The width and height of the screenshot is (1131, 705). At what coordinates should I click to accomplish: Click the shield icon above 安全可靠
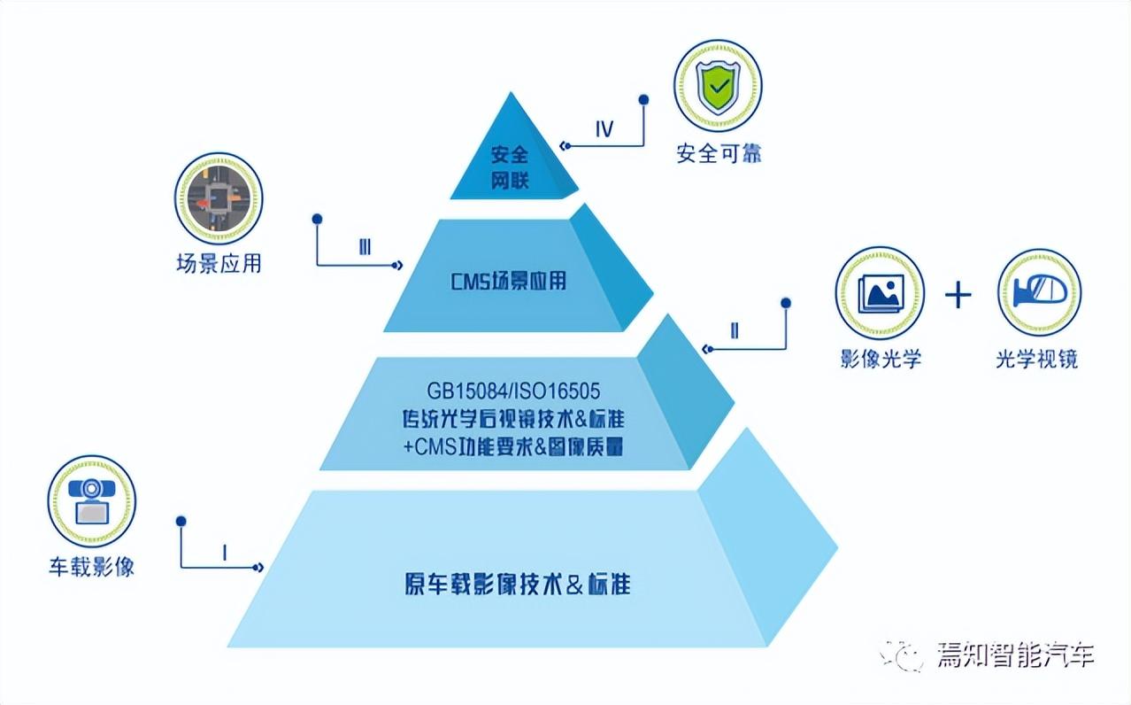717,85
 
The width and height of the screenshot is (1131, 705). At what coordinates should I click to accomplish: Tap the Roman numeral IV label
604,129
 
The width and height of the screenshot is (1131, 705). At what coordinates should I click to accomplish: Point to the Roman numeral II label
735,331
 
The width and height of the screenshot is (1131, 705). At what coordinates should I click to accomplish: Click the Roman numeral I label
225,554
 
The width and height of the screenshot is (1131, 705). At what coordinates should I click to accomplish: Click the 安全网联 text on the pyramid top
510,167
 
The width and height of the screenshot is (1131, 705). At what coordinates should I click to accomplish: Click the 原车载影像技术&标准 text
517,585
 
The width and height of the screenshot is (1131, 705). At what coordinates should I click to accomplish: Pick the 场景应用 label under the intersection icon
218,264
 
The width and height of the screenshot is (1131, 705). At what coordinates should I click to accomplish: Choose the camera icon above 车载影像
91,500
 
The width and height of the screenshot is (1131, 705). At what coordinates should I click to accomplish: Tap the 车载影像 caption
91,567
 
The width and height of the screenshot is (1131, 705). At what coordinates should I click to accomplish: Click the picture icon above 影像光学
880,291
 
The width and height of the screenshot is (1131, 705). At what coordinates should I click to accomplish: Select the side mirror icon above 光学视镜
1039,291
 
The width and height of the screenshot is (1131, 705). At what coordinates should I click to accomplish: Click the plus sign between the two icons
958,295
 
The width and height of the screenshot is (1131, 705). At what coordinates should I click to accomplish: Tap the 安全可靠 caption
719,153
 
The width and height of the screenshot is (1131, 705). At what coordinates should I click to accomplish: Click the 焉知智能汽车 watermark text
1015,655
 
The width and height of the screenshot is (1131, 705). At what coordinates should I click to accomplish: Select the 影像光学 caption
881,359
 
